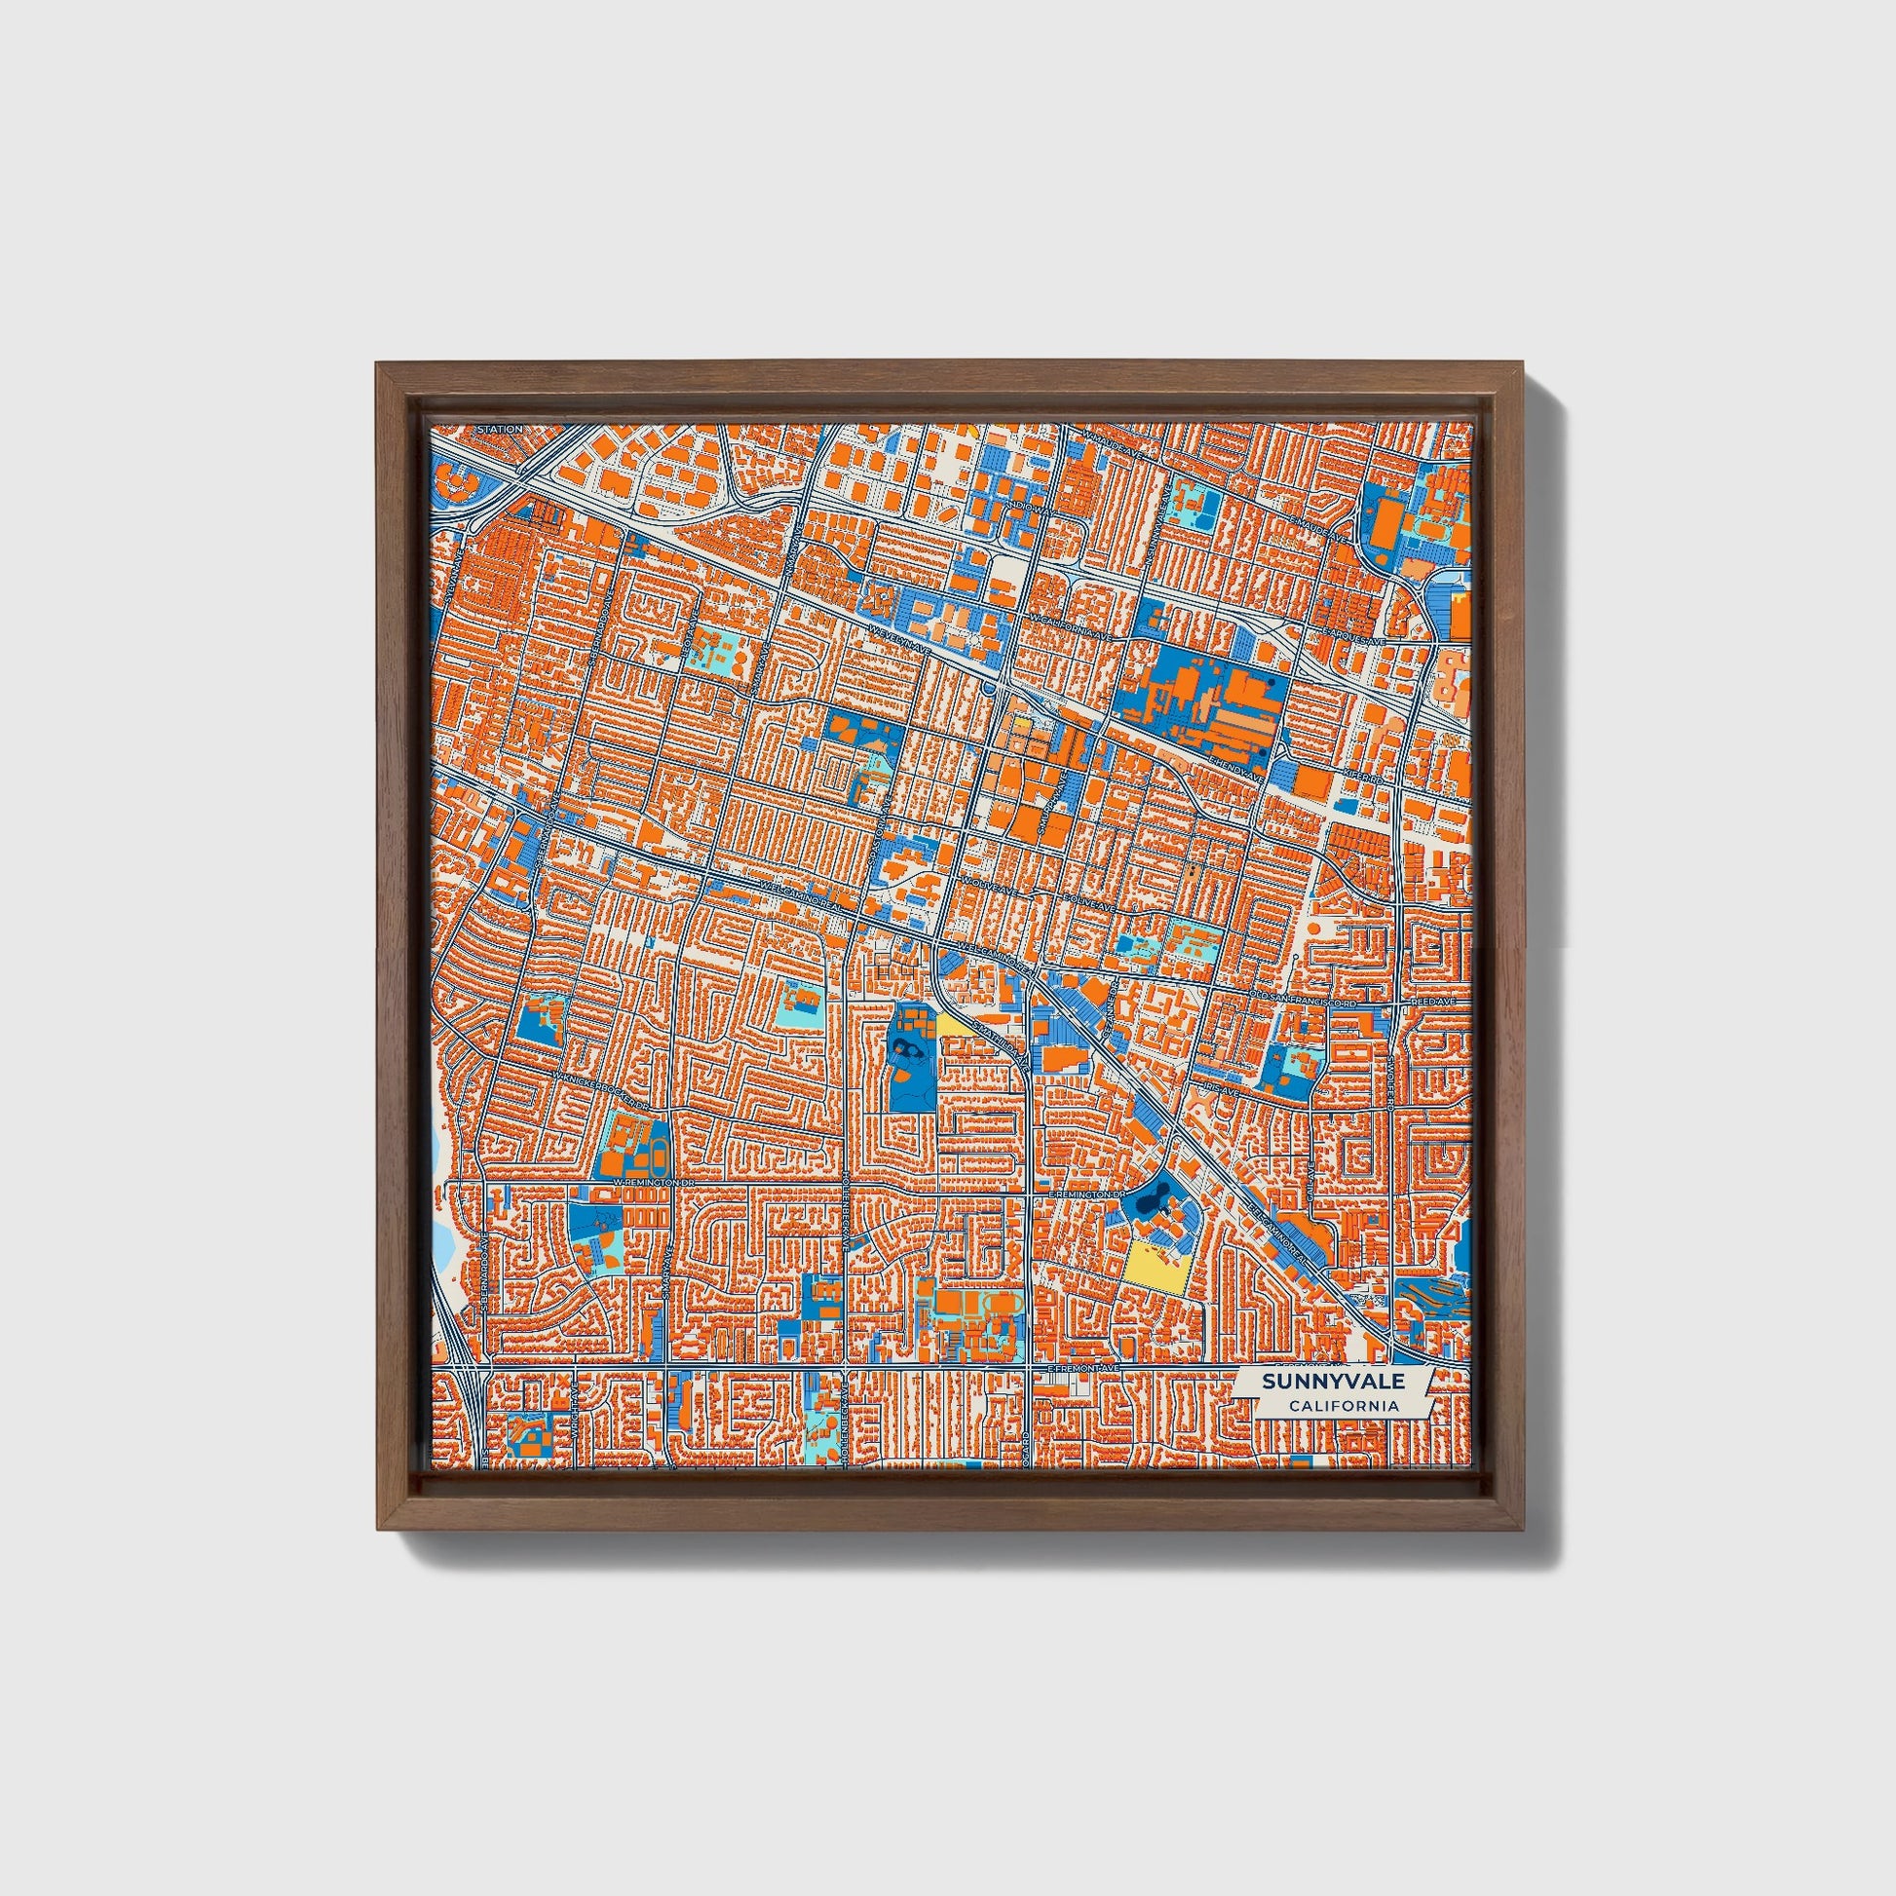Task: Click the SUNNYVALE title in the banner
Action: (1333, 1381)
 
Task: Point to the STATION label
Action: (500, 429)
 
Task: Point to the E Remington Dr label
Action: (1084, 1194)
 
